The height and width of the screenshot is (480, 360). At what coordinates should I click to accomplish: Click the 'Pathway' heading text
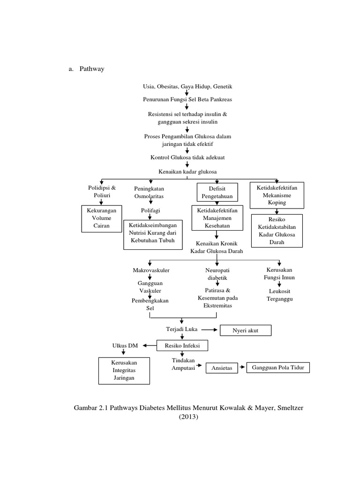[x=92, y=69]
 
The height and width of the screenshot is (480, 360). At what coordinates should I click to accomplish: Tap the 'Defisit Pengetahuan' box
[x=217, y=191]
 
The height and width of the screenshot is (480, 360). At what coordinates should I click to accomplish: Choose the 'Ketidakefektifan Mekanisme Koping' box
[x=277, y=195]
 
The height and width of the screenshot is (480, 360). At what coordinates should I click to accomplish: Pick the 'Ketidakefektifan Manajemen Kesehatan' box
[x=217, y=217]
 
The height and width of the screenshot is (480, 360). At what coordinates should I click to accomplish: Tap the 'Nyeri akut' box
[x=245, y=331]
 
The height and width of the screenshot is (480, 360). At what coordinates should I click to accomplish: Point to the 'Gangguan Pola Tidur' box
[x=278, y=367]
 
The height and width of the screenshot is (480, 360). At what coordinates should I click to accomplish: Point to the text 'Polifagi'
[x=151, y=211]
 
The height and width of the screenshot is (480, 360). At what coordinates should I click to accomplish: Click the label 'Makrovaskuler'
[x=151, y=270]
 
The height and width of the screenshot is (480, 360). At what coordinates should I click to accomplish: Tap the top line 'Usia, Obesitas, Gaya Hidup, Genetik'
[x=187, y=87]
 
